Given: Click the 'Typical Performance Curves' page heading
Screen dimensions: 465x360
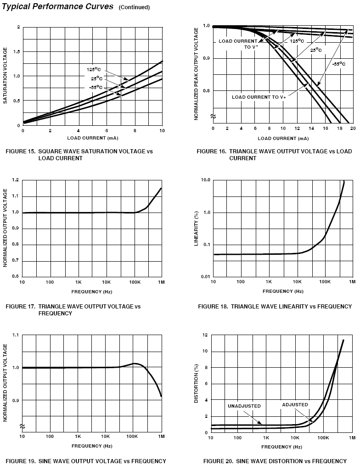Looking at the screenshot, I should click(58, 6).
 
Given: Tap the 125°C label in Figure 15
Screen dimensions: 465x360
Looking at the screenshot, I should click(94, 70).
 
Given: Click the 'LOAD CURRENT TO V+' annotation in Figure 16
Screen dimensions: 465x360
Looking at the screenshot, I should click(259, 97).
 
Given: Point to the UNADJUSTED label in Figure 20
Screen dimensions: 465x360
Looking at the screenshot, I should click(244, 406).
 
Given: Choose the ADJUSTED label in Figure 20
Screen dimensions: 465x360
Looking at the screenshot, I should click(295, 405).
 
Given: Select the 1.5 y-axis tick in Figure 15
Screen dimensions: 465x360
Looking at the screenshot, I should click(17, 52).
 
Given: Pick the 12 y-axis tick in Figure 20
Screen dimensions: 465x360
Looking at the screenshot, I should click(206, 335).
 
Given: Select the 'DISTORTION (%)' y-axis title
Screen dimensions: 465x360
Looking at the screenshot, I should click(197, 383).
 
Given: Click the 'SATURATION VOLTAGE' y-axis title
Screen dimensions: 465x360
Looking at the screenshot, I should click(6, 76).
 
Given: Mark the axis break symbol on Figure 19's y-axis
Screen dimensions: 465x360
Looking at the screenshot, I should click(22, 427).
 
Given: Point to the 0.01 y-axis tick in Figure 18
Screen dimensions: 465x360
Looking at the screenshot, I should click(204, 277).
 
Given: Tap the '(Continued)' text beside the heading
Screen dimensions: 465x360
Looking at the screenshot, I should click(134, 7).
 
